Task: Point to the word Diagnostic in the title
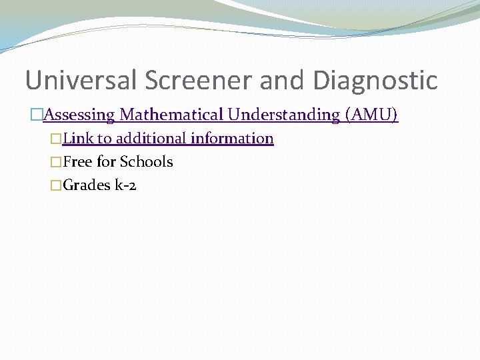(x=375, y=81)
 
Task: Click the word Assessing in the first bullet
(x=79, y=115)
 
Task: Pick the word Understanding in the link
(x=284, y=115)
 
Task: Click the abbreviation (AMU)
(x=372, y=115)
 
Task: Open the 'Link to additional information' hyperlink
(x=167, y=139)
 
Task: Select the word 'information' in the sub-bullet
(x=232, y=139)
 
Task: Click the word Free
(x=77, y=162)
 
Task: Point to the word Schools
(x=147, y=162)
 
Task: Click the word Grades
(x=85, y=185)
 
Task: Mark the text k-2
(x=125, y=185)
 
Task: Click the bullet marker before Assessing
(x=37, y=115)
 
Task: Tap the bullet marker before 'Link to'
(x=56, y=139)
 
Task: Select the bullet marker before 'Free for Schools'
(x=56, y=163)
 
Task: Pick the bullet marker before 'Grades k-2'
(x=56, y=186)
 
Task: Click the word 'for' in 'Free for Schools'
(x=106, y=162)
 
